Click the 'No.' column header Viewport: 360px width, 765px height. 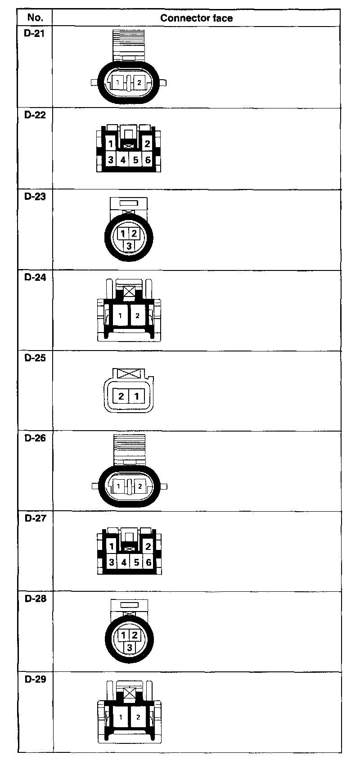tap(35, 18)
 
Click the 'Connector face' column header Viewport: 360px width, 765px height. tap(196, 18)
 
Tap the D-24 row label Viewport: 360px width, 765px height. tap(35, 277)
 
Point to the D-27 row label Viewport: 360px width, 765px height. tap(35, 518)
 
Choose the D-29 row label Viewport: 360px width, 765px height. tap(35, 679)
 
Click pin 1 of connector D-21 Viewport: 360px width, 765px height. tap(118, 83)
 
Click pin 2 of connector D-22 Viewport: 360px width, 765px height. tap(148, 144)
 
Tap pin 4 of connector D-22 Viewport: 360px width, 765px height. tap(123, 160)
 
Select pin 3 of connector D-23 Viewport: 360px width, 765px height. tap(129, 246)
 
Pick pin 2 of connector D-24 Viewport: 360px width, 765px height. tap(138, 315)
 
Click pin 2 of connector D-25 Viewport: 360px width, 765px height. tap(121, 396)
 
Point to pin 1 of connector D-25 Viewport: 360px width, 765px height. tap(136, 396)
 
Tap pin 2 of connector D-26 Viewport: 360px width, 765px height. tap(140, 486)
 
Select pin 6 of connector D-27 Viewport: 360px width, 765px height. tap(148, 562)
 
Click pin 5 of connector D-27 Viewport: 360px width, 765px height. tap(136, 562)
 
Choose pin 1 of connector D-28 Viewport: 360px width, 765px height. tap(123, 635)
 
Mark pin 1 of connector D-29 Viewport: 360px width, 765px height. tap(121, 717)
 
